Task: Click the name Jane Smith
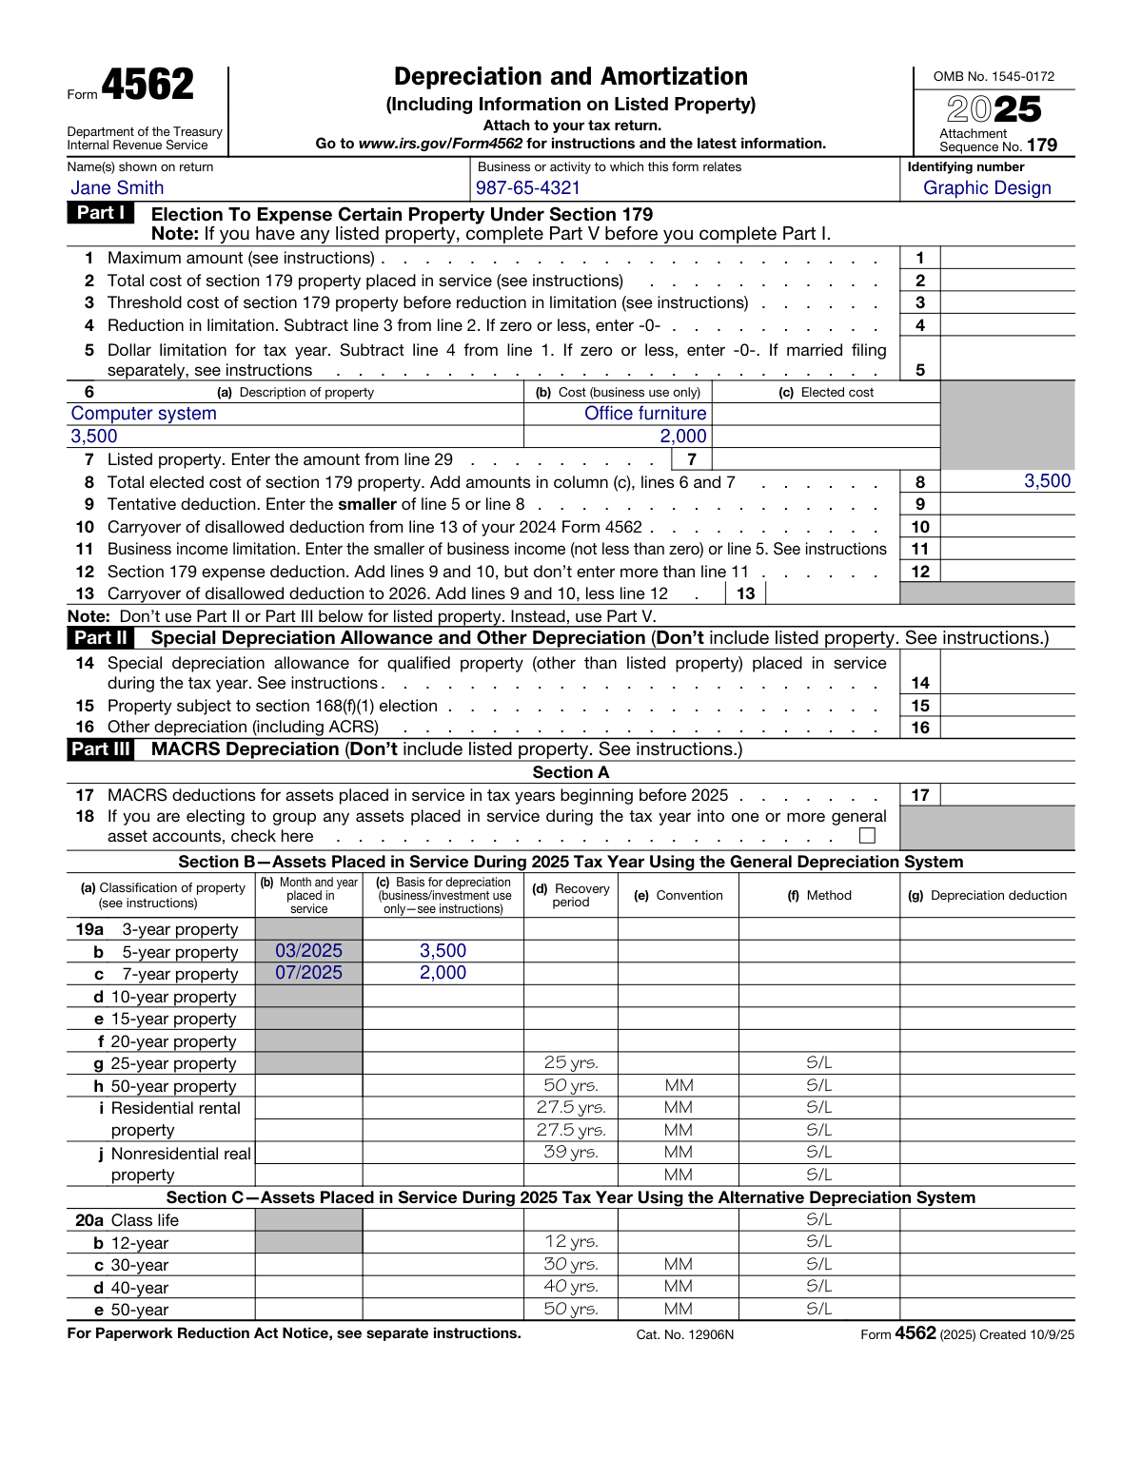(117, 188)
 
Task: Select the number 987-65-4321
(527, 188)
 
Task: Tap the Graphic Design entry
(987, 188)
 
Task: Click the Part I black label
(100, 213)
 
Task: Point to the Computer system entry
(144, 414)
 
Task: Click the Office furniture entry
(645, 414)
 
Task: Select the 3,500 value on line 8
(1047, 481)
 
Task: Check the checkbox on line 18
(867, 835)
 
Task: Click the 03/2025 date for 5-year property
(308, 951)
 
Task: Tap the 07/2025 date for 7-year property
(308, 973)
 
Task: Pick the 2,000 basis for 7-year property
(443, 973)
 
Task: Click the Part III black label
(100, 749)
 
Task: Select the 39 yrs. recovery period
(571, 1152)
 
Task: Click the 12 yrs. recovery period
(571, 1241)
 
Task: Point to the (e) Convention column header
(678, 896)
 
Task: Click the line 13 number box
(746, 593)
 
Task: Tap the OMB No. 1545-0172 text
(994, 76)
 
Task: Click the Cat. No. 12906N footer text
(684, 1334)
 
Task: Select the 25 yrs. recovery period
(571, 1062)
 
